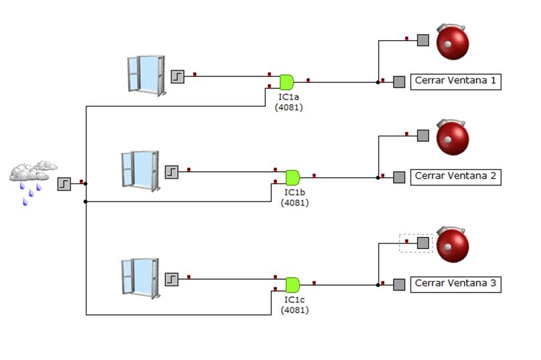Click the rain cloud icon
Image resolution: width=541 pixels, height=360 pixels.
[x=32, y=178]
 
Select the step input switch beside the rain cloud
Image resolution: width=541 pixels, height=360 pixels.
[x=64, y=183]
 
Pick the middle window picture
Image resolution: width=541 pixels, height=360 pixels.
[x=139, y=170]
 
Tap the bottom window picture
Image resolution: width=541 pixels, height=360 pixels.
[x=139, y=276]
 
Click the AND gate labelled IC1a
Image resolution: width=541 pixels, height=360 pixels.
[x=287, y=82]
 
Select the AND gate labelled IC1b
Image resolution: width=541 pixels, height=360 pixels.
[x=293, y=177]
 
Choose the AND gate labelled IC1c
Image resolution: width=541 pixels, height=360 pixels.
[x=293, y=284]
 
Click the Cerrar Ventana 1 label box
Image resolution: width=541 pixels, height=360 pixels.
[x=455, y=81]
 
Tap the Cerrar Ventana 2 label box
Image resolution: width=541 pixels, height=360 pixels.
[x=455, y=177]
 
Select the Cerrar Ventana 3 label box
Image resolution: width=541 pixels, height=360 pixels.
[x=455, y=284]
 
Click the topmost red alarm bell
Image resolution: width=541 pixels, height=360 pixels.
[x=453, y=41]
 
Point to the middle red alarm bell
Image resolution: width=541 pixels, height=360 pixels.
[x=453, y=137]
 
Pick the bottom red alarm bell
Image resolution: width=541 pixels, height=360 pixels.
[x=453, y=244]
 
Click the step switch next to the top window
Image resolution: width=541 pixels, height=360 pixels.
[x=177, y=76]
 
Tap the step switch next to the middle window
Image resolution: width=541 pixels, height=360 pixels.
[x=172, y=172]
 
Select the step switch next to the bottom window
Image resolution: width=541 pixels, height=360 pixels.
[x=172, y=278]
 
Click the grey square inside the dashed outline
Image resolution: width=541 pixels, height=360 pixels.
[x=423, y=243]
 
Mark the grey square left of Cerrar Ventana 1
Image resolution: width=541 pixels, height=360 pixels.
[x=399, y=82]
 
